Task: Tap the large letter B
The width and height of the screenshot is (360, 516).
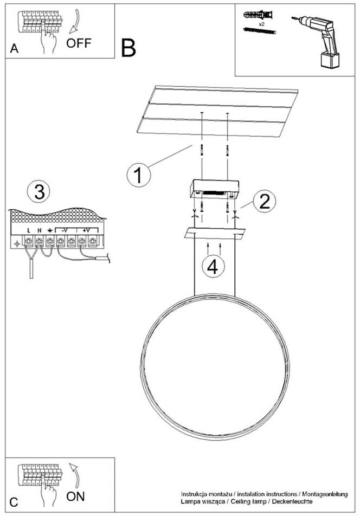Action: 128,48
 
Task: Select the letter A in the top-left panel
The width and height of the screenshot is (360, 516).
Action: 15,49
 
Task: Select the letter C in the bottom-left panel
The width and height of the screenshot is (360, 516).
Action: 15,502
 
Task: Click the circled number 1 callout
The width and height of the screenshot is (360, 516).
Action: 138,176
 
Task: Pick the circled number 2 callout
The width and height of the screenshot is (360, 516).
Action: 264,201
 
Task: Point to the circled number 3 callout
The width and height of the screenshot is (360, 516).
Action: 38,191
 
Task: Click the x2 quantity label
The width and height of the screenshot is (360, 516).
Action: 261,25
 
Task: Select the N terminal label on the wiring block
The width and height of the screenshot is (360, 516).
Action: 39,230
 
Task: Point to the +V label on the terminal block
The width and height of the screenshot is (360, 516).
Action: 86,230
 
